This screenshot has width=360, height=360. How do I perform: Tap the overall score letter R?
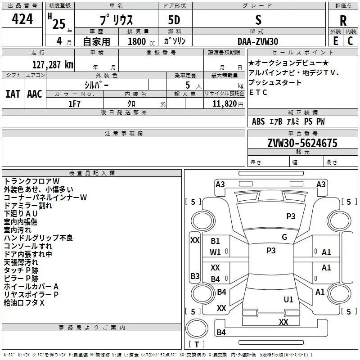343,20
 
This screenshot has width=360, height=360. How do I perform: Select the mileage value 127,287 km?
53,64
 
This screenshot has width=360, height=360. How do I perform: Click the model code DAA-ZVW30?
258,41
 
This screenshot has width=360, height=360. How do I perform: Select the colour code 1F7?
75,103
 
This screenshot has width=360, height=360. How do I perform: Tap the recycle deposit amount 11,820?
225,103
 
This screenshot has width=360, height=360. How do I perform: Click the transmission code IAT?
13,94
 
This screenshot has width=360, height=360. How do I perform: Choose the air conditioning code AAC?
34,94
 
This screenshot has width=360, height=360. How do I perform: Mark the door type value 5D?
174,21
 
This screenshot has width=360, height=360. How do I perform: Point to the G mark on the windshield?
284,237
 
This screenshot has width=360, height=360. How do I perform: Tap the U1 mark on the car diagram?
288,299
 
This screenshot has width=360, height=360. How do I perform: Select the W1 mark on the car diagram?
216,252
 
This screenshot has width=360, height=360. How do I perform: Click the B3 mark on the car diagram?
195,276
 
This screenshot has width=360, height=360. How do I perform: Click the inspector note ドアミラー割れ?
28,205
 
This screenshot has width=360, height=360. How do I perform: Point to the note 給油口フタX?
25,302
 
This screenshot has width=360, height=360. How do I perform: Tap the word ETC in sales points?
259,93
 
